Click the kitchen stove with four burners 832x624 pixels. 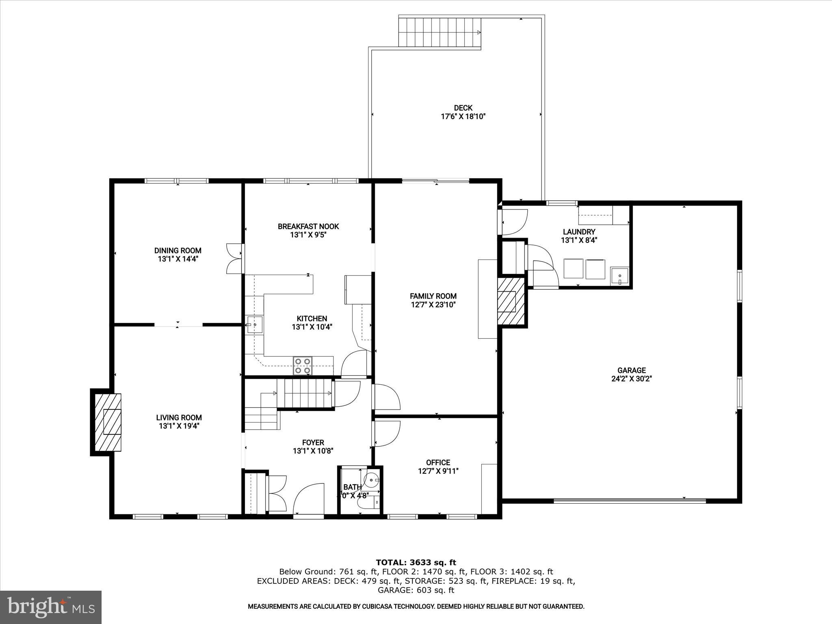303,366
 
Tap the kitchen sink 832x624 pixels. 254,325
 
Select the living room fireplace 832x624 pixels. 108,422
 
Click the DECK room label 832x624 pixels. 463,108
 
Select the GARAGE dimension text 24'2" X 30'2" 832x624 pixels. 631,379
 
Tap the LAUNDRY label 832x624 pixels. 579,232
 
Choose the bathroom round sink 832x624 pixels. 372,480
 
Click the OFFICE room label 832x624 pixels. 438,462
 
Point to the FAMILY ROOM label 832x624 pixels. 433,296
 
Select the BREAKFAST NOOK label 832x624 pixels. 308,226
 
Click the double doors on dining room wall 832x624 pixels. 235,258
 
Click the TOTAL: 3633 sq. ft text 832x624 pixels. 416,563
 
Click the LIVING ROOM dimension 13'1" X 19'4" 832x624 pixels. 179,426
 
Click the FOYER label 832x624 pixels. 313,442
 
